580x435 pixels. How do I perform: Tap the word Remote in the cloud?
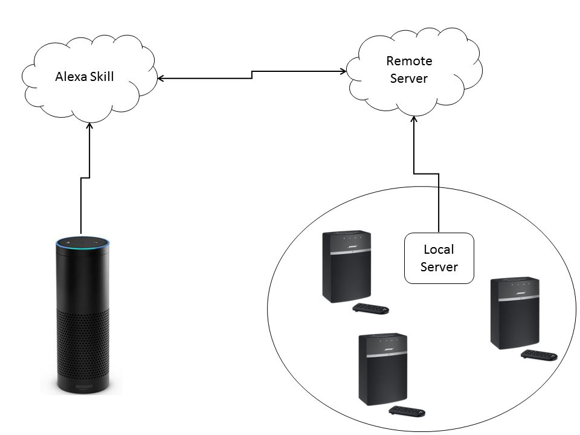(x=409, y=61)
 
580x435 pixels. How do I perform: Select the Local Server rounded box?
(x=439, y=258)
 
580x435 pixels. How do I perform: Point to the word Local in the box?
(x=439, y=249)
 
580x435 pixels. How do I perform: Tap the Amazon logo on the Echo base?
(x=82, y=385)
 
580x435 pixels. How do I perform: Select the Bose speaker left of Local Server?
(x=346, y=266)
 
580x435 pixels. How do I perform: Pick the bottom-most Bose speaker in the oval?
(x=383, y=369)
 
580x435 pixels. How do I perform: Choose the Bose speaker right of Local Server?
(x=514, y=312)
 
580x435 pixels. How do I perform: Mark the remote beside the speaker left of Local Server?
(x=370, y=309)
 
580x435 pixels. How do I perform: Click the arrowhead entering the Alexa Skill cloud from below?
(x=89, y=126)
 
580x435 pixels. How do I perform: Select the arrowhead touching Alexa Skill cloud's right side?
(x=161, y=78)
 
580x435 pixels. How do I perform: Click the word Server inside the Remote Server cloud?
(x=409, y=79)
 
